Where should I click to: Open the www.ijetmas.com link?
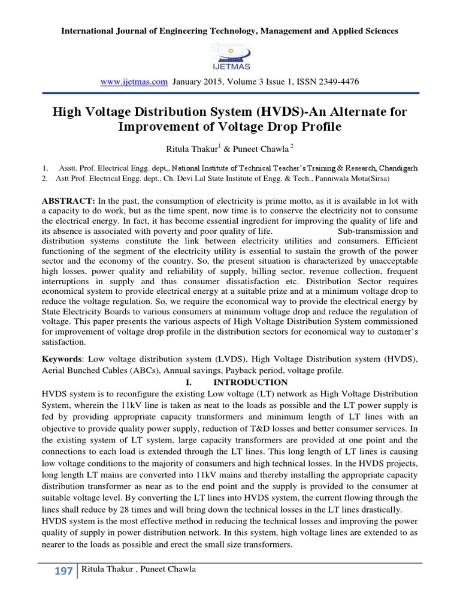(x=134, y=81)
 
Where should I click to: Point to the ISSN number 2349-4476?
(x=340, y=81)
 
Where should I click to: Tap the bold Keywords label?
(x=60, y=359)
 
